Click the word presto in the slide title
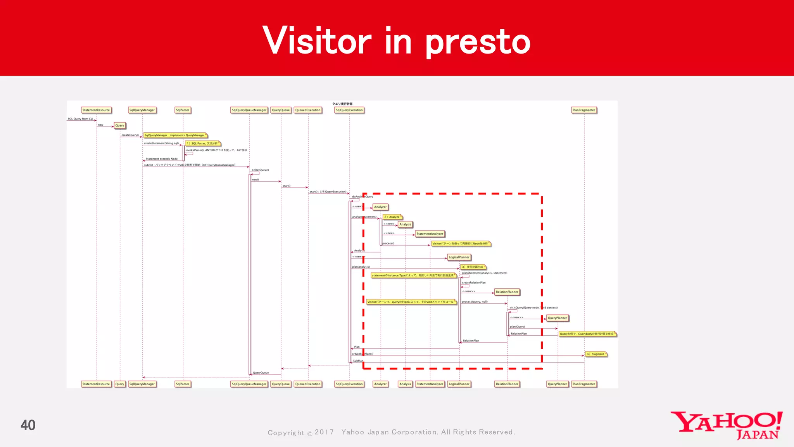click(478, 42)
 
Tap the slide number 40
click(28, 425)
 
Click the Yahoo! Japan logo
click(726, 425)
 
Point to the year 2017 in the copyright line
click(324, 432)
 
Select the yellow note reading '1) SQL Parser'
click(203, 144)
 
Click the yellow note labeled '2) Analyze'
click(392, 217)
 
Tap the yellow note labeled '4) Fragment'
click(596, 354)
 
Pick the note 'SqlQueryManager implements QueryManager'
click(175, 135)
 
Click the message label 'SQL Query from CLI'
click(80, 119)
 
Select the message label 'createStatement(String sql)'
click(161, 143)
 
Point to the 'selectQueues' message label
click(260, 170)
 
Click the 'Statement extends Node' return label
click(162, 159)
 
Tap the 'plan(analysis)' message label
click(361, 267)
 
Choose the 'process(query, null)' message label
click(475, 301)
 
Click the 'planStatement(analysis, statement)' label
click(485, 273)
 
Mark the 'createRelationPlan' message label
click(473, 282)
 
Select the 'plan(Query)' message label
click(517, 327)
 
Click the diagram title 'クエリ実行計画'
click(342, 104)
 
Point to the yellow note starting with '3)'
click(473, 267)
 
